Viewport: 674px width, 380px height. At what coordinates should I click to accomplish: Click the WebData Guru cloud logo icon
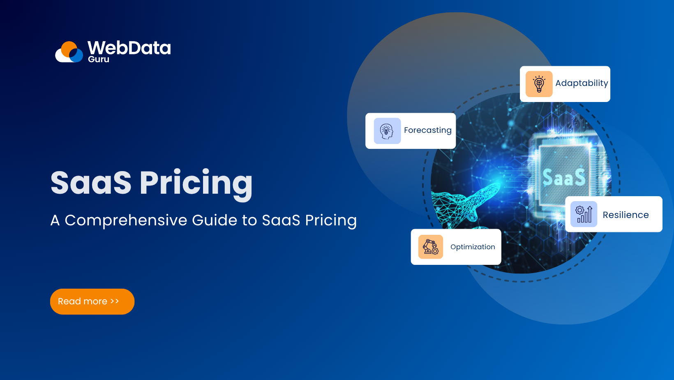click(69, 52)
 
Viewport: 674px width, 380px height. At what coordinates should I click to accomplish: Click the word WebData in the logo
click(129, 48)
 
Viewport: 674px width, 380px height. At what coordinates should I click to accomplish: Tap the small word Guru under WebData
click(99, 59)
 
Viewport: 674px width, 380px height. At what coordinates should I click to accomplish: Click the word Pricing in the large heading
click(196, 183)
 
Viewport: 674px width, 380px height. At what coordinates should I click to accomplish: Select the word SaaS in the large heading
click(91, 183)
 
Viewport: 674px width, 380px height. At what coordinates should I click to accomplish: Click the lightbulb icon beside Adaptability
click(539, 84)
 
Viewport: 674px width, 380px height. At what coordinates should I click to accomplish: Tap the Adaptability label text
click(582, 83)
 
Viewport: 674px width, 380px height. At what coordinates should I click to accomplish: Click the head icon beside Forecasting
click(387, 131)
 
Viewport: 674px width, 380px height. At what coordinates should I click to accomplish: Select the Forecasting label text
click(427, 130)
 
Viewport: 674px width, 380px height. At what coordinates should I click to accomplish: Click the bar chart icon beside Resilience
click(584, 214)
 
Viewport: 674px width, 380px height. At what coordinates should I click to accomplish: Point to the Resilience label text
click(626, 215)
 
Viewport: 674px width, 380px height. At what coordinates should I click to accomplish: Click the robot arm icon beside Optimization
click(431, 247)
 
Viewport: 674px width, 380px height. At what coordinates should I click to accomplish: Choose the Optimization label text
click(473, 247)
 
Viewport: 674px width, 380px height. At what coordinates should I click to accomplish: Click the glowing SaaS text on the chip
click(564, 178)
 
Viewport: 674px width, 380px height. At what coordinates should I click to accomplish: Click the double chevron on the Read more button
click(115, 301)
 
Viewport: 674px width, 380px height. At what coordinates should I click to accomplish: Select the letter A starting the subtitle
click(55, 220)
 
